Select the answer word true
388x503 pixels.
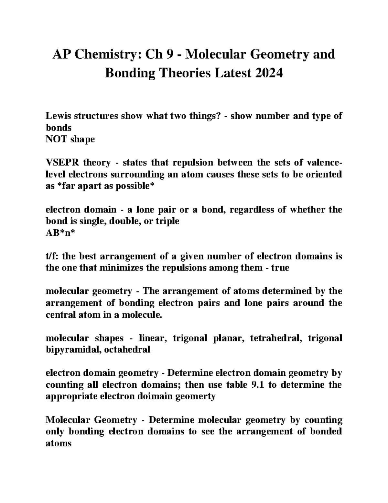280,268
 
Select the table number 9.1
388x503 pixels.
256,385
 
